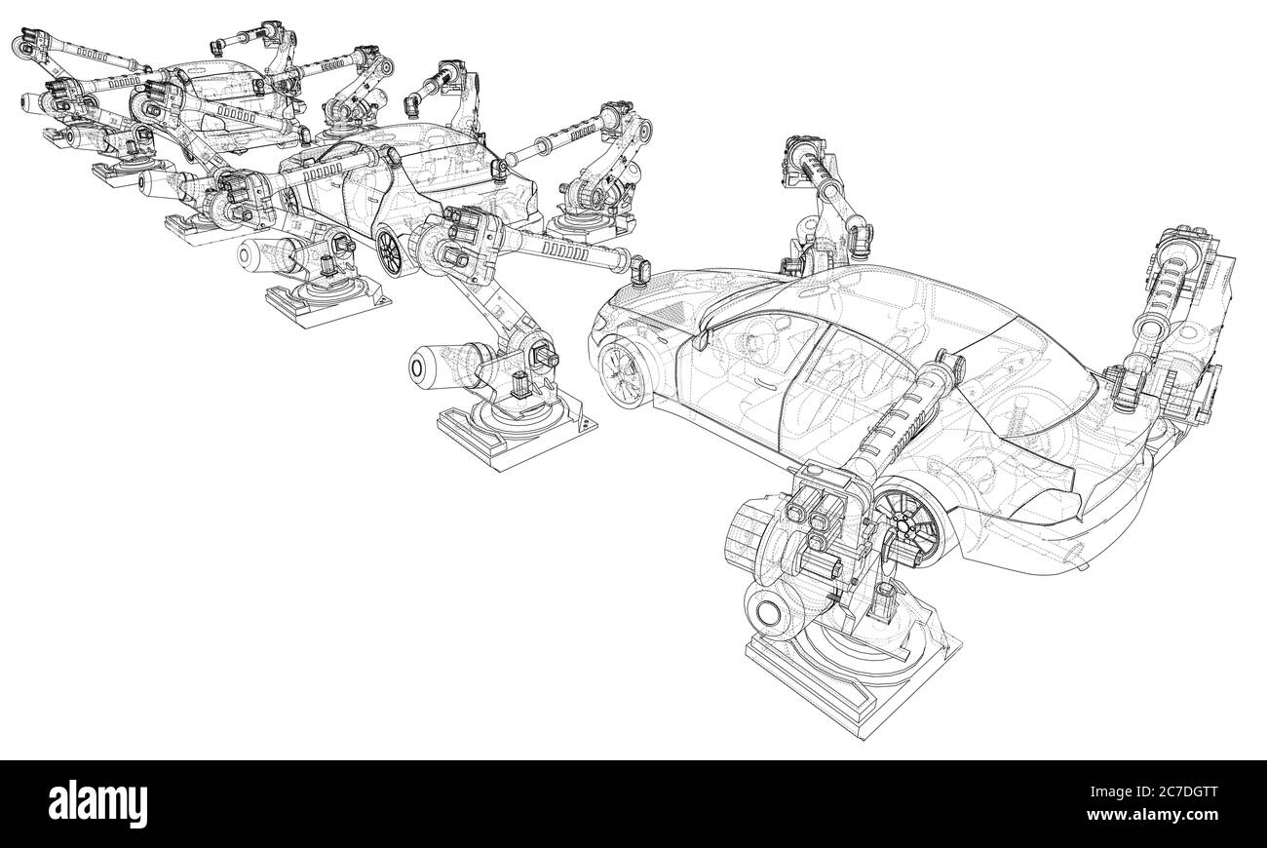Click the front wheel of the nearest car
pyautogui.click(x=622, y=372)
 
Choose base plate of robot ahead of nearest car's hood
pyautogui.click(x=507, y=429)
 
